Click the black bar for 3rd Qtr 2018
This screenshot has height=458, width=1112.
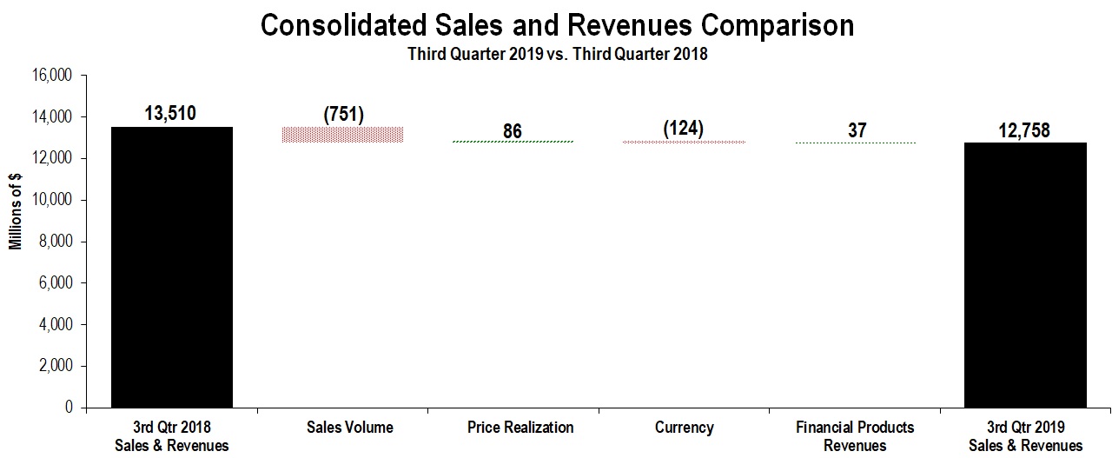172,267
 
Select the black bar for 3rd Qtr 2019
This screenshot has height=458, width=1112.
1025,275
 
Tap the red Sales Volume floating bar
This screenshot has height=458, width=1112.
342,134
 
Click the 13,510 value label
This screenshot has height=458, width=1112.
172,111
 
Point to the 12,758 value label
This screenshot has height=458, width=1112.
1025,130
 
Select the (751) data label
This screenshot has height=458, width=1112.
342,116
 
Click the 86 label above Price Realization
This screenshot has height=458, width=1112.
513,131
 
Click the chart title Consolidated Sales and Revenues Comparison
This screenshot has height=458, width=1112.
557,25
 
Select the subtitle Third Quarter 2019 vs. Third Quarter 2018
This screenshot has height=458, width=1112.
558,54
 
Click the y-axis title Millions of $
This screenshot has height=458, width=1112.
16,211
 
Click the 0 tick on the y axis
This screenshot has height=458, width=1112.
70,408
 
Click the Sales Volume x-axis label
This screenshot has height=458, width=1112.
349,428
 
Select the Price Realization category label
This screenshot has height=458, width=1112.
520,428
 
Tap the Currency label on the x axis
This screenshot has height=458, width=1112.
685,428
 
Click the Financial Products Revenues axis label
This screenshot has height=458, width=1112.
855,436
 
